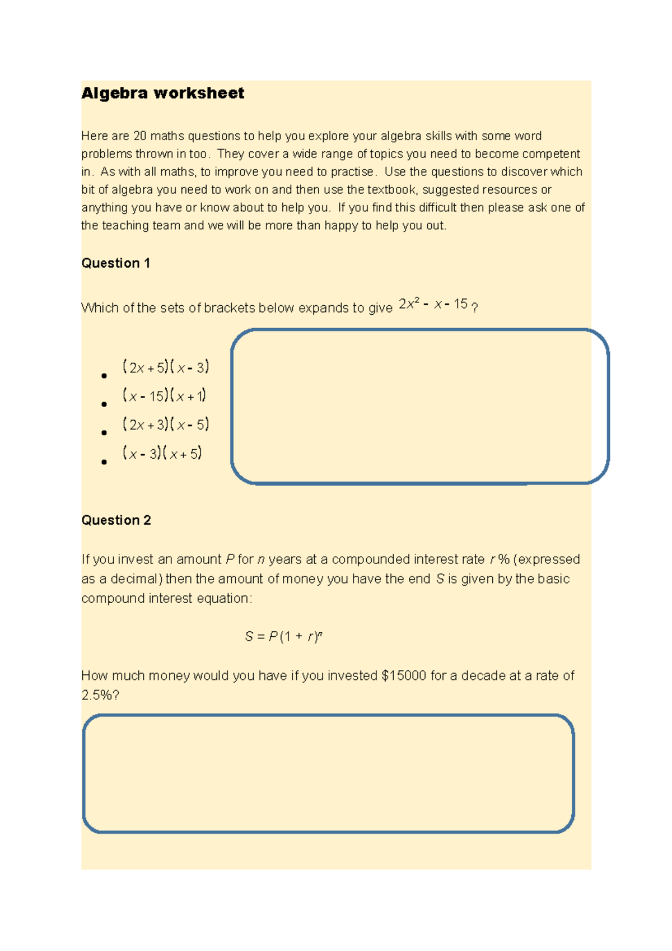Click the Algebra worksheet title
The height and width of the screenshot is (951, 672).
[x=163, y=93]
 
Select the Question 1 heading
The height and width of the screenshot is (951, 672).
[x=116, y=263]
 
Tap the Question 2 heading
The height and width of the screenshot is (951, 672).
[x=116, y=520]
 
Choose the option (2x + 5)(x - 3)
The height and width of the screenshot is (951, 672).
[x=166, y=367]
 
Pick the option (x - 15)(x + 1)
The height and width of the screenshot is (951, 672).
[x=164, y=396]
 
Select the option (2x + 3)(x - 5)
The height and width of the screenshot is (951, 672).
[x=166, y=425]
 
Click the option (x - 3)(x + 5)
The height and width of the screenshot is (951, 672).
[x=162, y=453]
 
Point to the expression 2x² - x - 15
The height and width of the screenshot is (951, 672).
[x=433, y=304]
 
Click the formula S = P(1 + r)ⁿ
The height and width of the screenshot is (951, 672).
[x=283, y=636]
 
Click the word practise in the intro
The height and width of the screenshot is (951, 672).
[x=351, y=172]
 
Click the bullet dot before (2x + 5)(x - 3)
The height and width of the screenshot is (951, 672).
[x=104, y=376]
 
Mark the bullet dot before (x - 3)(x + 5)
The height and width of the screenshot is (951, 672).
[x=104, y=462]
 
